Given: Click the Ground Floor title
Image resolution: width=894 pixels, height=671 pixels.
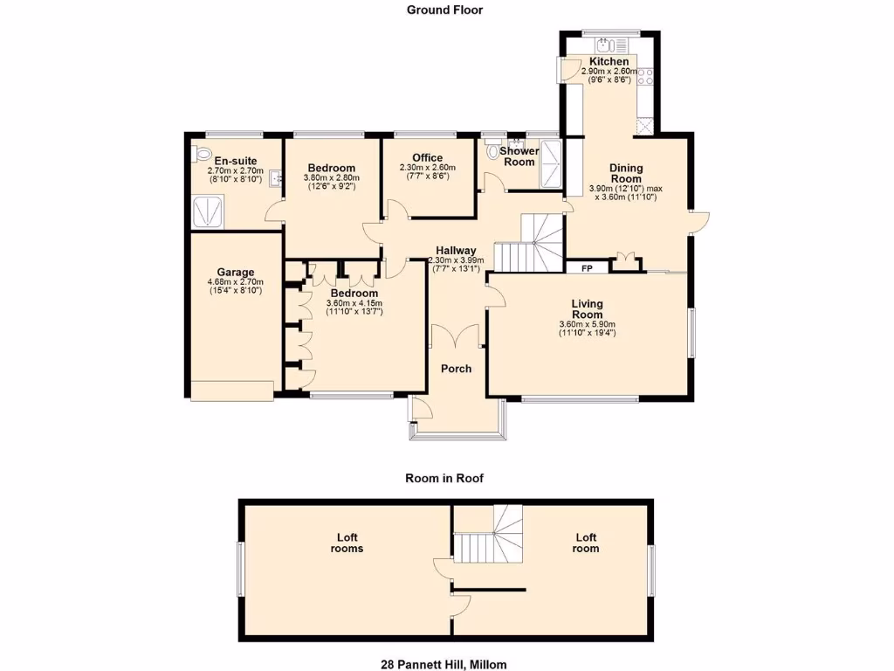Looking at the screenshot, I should tap(444, 10).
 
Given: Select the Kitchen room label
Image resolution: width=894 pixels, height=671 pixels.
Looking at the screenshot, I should tap(609, 62).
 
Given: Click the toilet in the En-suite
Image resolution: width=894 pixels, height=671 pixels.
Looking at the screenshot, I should tap(198, 153).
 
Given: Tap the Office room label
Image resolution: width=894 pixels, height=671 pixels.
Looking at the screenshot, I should tap(428, 157).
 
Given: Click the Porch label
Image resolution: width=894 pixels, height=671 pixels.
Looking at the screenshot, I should tap(456, 369).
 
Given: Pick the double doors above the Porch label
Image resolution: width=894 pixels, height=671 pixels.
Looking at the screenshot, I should tap(455, 335).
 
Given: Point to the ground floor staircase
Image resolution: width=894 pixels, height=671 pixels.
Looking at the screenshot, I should tap(529, 245).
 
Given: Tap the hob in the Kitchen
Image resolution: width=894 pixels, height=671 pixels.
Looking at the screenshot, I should tap(647, 77).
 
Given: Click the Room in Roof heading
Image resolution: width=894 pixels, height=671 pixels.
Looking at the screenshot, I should tap(444, 478).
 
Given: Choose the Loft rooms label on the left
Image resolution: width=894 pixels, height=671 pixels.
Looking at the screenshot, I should tap(347, 543).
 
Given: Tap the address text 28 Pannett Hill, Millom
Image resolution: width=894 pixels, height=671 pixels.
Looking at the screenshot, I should tap(444, 664).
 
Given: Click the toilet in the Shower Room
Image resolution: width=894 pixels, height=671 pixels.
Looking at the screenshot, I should tap(495, 152).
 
